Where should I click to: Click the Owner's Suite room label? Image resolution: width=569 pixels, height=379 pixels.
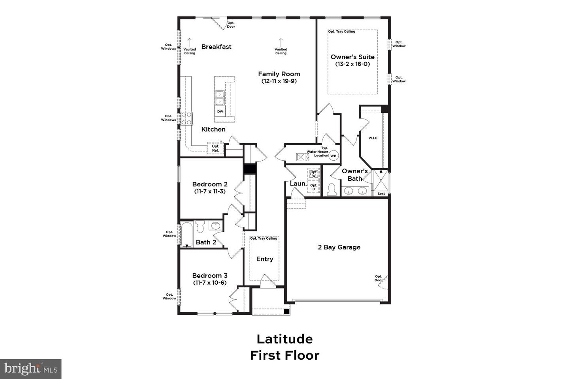pyautogui.click(x=352, y=57)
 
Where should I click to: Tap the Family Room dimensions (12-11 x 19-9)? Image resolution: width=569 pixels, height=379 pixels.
pyautogui.click(x=279, y=81)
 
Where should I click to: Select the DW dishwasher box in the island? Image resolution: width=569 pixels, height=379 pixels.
pyautogui.click(x=220, y=112)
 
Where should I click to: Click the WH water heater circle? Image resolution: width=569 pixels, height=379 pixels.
pyautogui.click(x=333, y=156)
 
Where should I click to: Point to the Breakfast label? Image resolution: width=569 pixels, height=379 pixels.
pyautogui.click(x=216, y=47)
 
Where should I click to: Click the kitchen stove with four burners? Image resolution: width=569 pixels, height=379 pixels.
pyautogui.click(x=187, y=118)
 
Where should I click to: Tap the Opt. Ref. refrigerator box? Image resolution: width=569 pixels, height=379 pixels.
pyautogui.click(x=215, y=148)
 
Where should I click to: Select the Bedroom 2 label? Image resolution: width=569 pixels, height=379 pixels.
pyautogui.click(x=210, y=184)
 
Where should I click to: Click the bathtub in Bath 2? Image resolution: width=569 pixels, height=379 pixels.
pyautogui.click(x=187, y=235)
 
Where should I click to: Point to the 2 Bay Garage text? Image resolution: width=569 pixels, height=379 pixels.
pyautogui.click(x=339, y=247)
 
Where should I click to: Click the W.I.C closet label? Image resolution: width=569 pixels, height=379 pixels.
pyautogui.click(x=373, y=138)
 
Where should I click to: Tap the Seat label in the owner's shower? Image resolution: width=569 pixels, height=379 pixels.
pyautogui.click(x=381, y=193)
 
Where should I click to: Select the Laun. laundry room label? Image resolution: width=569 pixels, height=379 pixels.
pyautogui.click(x=298, y=184)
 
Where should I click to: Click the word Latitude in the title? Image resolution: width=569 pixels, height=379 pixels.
pyautogui.click(x=284, y=339)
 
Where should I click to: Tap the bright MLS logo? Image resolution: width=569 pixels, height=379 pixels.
pyautogui.click(x=31, y=369)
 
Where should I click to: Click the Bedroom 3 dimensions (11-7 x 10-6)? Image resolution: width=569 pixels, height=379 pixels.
pyautogui.click(x=210, y=283)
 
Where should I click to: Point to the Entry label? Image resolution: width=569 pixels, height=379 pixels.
pyautogui.click(x=264, y=259)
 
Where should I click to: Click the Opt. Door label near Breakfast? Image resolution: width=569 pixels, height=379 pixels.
pyautogui.click(x=231, y=25)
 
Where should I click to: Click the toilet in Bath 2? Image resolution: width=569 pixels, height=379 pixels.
pyautogui.click(x=200, y=227)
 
